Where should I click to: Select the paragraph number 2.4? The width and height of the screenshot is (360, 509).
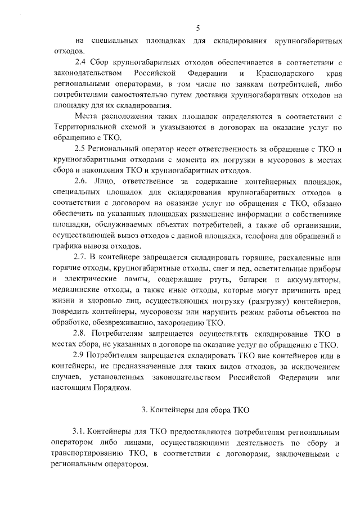click(x=81, y=62)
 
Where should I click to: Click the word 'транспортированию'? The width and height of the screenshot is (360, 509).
click(x=92, y=453)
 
